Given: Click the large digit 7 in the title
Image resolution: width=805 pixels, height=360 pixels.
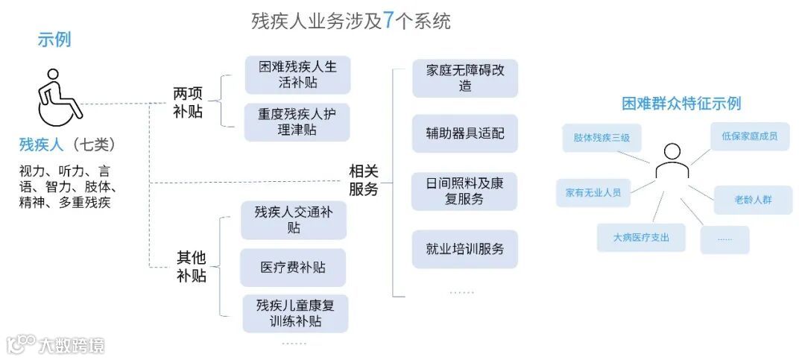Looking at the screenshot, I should (x=389, y=21).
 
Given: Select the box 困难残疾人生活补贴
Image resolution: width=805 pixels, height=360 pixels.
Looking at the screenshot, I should (x=297, y=75).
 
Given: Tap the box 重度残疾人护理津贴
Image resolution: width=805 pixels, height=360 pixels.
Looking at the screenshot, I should (x=297, y=122).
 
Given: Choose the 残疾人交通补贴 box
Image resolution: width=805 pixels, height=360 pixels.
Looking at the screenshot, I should (x=293, y=220).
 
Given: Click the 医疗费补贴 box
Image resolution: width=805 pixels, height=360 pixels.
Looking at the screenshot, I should (x=293, y=268).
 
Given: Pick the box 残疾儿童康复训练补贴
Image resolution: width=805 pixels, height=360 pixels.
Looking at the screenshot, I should (x=294, y=313).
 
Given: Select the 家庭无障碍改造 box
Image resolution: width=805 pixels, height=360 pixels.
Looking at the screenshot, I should (x=465, y=78).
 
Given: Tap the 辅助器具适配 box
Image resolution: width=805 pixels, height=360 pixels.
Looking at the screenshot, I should (x=465, y=133).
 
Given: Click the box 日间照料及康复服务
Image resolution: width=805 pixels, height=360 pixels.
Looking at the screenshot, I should (x=465, y=192).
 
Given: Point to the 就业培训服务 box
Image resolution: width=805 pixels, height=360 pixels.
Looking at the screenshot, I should (x=465, y=249).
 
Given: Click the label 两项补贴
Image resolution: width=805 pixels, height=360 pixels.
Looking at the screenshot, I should (x=187, y=103).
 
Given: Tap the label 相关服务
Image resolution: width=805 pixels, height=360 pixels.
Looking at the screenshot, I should (x=364, y=180).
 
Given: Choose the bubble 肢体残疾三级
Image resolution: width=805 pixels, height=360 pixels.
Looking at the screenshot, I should (x=602, y=138).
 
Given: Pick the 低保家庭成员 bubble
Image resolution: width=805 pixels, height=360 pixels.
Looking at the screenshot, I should (x=749, y=136).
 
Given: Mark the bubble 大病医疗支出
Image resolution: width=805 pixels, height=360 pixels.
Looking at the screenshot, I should (x=641, y=238).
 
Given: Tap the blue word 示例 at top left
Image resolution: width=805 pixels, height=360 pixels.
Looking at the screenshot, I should (x=54, y=40).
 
